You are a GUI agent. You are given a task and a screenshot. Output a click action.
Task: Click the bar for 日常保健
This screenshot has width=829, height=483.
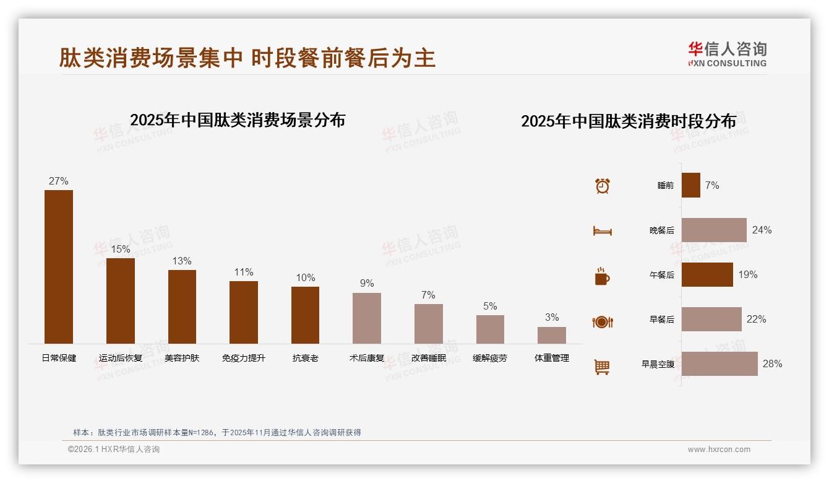(x=59, y=267)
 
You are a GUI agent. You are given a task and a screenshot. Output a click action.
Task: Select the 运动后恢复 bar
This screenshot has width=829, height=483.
(x=121, y=301)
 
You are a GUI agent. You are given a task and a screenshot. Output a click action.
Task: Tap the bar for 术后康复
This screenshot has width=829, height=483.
(x=367, y=318)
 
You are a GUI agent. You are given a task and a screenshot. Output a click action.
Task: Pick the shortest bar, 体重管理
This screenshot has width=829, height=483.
(x=552, y=335)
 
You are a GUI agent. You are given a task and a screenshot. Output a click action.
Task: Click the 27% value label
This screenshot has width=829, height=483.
(x=59, y=181)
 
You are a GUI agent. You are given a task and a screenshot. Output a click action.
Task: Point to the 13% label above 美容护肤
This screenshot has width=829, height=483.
(x=182, y=261)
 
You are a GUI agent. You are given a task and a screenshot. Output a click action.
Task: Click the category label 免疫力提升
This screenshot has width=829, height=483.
(x=244, y=358)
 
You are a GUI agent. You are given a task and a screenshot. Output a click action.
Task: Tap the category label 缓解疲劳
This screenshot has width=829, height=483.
(x=490, y=358)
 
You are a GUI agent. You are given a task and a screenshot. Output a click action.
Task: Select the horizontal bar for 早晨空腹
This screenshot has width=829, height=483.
(x=719, y=363)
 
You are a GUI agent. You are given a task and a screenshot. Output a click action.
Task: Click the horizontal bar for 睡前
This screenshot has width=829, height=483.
(x=691, y=185)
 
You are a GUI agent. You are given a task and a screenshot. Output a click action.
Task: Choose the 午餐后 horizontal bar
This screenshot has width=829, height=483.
(x=707, y=274)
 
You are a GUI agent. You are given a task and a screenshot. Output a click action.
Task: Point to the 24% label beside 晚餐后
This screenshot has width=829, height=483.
(x=762, y=230)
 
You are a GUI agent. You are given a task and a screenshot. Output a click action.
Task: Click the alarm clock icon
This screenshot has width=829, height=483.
(x=603, y=186)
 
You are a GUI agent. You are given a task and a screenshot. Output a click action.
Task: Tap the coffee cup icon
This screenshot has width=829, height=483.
(x=602, y=276)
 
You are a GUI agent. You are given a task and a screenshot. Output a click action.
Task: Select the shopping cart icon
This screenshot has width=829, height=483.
(x=602, y=367)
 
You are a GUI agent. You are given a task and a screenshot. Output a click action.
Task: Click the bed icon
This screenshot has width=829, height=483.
(x=602, y=231)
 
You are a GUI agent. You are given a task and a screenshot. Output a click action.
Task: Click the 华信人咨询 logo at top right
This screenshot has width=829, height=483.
(x=727, y=54)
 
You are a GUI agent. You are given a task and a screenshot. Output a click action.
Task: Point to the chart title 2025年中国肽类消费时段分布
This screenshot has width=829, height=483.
(x=628, y=121)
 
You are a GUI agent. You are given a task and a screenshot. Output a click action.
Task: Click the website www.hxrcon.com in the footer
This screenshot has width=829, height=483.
(x=719, y=450)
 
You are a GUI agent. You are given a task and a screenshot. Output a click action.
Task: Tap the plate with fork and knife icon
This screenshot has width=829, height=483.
(x=602, y=321)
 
